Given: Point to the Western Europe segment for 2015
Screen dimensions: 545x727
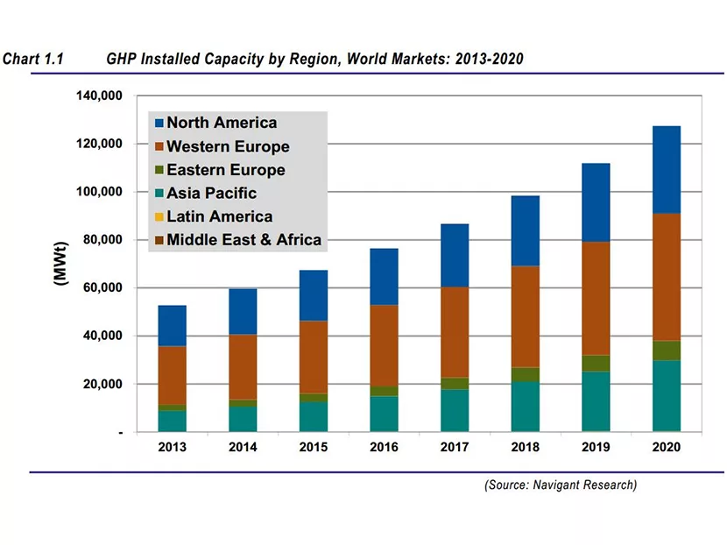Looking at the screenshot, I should point(313,357).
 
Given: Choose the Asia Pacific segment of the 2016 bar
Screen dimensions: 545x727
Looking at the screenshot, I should point(384,414).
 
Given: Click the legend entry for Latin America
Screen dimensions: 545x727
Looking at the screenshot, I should point(219,216).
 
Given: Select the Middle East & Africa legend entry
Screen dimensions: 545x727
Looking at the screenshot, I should point(244,239).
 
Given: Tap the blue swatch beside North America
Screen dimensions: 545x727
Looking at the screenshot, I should point(158,124).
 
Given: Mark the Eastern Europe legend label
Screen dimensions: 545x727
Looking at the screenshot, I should point(225,170).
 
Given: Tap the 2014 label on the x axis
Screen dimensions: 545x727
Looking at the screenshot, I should point(243,447).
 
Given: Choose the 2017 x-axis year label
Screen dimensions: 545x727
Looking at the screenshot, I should point(454,447).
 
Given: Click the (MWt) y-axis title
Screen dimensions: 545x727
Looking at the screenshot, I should point(60,264).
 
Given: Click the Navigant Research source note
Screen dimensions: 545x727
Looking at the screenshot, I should point(561,485).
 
